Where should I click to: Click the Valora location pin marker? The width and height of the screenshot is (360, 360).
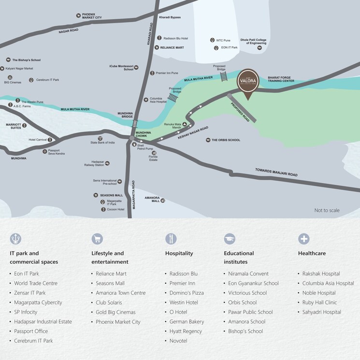point(248,83)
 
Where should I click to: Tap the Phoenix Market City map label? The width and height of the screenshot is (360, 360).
point(92,15)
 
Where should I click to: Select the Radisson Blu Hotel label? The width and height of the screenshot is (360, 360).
point(175,38)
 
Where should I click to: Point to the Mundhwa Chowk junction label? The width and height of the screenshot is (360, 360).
point(144,134)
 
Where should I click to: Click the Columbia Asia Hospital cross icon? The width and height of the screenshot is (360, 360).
point(146,100)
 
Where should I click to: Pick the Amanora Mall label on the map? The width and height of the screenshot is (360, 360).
point(152,200)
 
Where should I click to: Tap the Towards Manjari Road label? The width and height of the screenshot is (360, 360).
point(276,172)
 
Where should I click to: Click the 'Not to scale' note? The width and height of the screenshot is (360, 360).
point(327,210)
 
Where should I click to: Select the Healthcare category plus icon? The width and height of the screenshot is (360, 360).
point(304,238)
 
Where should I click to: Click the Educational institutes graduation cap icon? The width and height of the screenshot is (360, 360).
point(230,238)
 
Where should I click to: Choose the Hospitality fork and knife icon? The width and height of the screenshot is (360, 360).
point(171,238)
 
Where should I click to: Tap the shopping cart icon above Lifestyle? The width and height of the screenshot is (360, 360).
point(97,238)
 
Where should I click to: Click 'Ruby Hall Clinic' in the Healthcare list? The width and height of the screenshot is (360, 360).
point(319,302)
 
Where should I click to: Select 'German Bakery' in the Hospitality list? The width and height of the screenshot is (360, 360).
point(187,322)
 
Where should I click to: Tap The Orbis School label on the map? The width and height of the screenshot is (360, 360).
point(226,140)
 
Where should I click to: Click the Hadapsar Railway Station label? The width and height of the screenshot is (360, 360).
point(98,163)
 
